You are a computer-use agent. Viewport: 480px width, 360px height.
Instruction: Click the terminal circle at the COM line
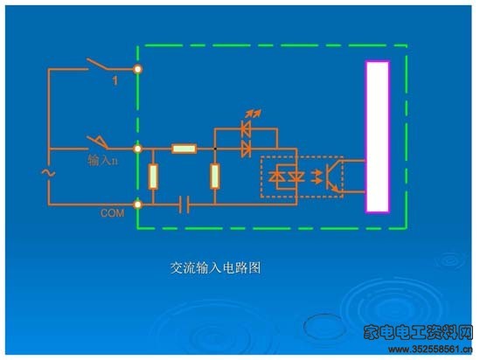(138, 204)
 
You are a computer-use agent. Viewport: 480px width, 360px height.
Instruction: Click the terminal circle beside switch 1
(138, 69)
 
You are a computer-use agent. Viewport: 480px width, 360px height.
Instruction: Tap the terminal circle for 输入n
(138, 149)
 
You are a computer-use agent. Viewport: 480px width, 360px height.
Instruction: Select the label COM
(112, 213)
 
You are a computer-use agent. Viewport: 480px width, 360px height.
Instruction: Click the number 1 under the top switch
(115, 80)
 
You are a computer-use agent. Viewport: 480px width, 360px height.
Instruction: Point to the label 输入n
(103, 160)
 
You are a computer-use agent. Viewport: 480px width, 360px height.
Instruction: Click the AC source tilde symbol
(48, 173)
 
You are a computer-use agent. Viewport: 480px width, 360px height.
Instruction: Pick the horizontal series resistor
(184, 149)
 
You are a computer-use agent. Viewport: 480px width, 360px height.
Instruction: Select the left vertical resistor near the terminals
(153, 177)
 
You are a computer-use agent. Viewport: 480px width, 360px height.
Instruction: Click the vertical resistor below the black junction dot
(215, 177)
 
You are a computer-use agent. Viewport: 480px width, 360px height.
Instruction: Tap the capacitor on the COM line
(184, 204)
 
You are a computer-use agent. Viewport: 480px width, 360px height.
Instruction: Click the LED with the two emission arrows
(246, 129)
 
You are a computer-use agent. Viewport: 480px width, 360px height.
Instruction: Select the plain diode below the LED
(246, 149)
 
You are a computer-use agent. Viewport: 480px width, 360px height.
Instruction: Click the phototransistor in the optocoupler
(332, 177)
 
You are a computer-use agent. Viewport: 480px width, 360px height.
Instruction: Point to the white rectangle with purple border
(378, 136)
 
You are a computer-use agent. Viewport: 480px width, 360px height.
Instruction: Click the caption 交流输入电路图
(215, 268)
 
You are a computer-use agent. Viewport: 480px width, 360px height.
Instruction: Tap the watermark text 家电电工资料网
(418, 332)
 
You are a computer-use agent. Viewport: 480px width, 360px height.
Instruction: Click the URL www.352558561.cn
(430, 350)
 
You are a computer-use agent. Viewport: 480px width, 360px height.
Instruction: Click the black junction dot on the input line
(215, 149)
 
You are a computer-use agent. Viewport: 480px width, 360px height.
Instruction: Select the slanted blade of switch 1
(97, 64)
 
